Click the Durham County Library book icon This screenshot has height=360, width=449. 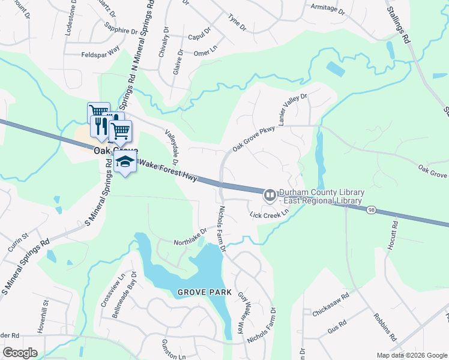(x=270, y=195)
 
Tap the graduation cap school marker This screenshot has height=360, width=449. (x=125, y=161)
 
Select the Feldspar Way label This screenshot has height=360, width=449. (x=101, y=55)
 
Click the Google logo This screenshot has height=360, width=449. (x=20, y=353)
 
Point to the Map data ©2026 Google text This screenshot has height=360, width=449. (x=411, y=355)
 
